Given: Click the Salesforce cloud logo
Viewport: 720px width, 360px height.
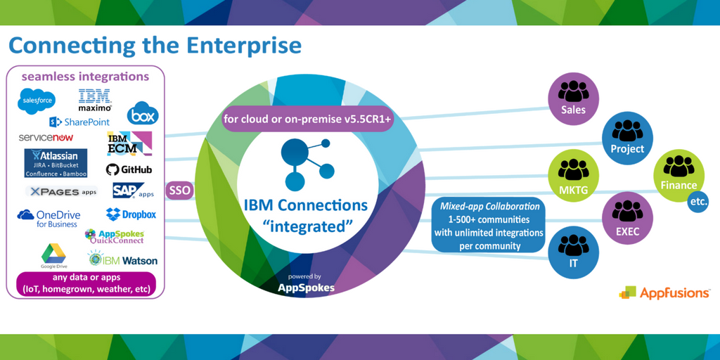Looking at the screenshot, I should tap(37, 101).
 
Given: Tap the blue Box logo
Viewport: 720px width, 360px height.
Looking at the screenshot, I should tap(143, 113).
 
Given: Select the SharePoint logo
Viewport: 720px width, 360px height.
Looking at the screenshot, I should tap(79, 122).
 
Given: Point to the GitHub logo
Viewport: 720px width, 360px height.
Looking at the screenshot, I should tap(129, 169).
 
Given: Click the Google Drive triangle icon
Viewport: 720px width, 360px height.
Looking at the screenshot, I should tap(53, 252).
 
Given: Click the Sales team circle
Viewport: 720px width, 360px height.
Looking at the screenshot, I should tap(573, 98).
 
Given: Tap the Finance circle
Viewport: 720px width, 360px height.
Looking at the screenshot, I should tap(679, 174).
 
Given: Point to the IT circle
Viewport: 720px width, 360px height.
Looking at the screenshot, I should tap(573, 252).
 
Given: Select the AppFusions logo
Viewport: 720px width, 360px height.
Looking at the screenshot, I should tap(664, 292).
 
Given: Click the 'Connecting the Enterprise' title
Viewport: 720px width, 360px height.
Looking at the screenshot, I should tap(155, 46).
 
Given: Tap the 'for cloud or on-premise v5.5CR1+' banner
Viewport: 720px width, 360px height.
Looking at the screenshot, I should tap(307, 120).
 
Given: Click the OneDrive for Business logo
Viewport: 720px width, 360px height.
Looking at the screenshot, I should tap(49, 218).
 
